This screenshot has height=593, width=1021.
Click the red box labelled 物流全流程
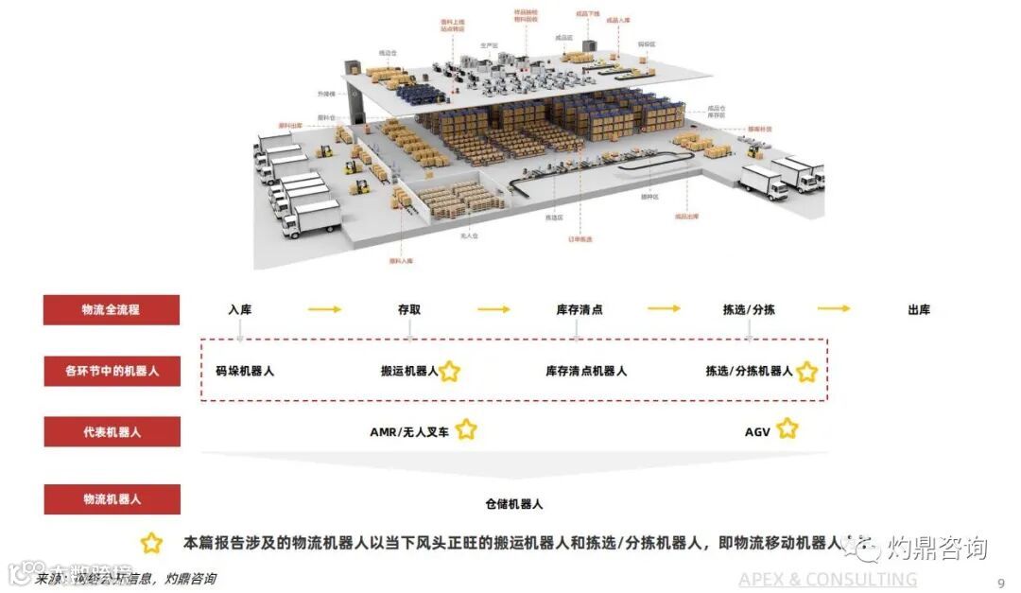click(111, 309)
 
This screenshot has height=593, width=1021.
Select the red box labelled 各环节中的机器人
click(111, 371)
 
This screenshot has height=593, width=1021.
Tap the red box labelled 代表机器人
click(111, 431)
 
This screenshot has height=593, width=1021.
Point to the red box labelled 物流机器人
click(111, 498)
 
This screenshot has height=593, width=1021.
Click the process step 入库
click(240, 309)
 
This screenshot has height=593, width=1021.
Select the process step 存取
click(409, 309)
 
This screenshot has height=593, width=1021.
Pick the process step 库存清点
click(580, 309)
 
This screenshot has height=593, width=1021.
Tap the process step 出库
click(918, 309)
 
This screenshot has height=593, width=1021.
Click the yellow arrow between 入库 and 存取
click(324, 309)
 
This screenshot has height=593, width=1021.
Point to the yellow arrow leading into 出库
click(833, 308)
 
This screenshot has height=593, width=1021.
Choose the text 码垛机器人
click(245, 371)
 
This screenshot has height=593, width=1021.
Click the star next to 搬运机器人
click(450, 372)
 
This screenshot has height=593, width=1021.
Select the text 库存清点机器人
click(586, 371)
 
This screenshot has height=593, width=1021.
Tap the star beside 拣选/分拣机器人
click(806, 372)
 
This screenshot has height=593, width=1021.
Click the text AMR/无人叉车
click(409, 431)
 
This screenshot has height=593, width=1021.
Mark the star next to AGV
click(787, 430)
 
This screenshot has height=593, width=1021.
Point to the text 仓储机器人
click(514, 504)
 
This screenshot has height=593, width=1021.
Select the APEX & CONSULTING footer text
click(827, 579)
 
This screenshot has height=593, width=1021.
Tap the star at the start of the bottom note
click(151, 544)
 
